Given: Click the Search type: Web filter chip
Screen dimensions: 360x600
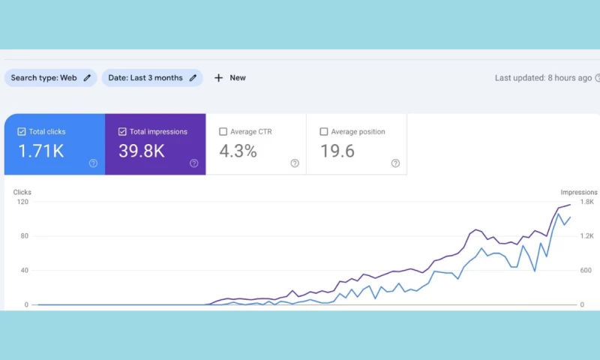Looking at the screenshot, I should (x=50, y=78).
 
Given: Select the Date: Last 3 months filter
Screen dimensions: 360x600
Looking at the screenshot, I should (x=152, y=78).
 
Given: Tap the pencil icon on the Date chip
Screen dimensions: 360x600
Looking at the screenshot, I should (x=193, y=78).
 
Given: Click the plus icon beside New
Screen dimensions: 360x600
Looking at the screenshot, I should (x=219, y=78).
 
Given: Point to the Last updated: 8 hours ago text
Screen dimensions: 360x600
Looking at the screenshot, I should (x=543, y=78).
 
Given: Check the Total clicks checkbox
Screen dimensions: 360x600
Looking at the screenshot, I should (x=21, y=132).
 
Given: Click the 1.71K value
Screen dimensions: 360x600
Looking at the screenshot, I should (x=40, y=151).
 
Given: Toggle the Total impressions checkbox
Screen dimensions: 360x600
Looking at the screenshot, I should (x=122, y=132).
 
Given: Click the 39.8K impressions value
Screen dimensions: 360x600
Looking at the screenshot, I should (x=141, y=151).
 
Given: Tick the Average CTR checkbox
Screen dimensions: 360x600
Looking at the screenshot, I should (x=223, y=132).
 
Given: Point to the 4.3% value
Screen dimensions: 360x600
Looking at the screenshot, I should (x=238, y=151).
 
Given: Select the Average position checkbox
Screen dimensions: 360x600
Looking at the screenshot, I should (x=324, y=132).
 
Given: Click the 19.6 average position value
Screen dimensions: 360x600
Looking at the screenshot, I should (x=337, y=151).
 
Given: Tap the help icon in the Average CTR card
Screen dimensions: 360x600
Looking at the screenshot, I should (x=295, y=163).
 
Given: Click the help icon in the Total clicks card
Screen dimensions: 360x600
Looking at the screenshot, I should (x=93, y=163).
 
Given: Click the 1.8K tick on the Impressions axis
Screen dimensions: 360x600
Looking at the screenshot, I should (x=586, y=202).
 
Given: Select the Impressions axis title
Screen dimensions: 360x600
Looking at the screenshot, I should (x=579, y=192).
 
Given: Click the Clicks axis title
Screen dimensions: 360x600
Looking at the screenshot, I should (x=22, y=192).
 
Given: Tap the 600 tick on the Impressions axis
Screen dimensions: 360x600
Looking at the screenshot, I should (x=586, y=271).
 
